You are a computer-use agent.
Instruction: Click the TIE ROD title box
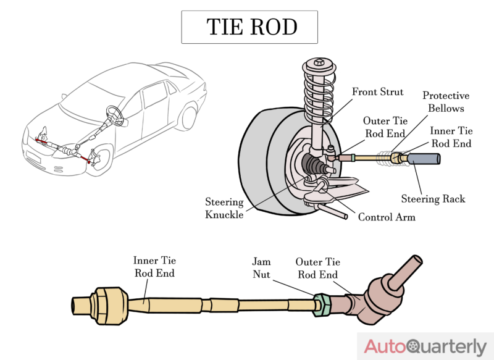(x=249, y=27)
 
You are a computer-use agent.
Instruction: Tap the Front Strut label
(x=377, y=92)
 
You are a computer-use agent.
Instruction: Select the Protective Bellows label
(x=446, y=102)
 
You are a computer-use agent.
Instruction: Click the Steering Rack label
(x=433, y=199)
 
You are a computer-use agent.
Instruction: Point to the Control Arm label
(x=387, y=217)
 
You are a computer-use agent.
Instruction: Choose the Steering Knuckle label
(x=224, y=208)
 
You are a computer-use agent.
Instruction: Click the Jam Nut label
(x=261, y=267)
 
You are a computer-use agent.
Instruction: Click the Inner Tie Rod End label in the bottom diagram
(x=154, y=267)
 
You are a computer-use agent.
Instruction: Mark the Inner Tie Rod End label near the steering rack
(x=451, y=137)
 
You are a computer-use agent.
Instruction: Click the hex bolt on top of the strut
(x=319, y=62)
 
